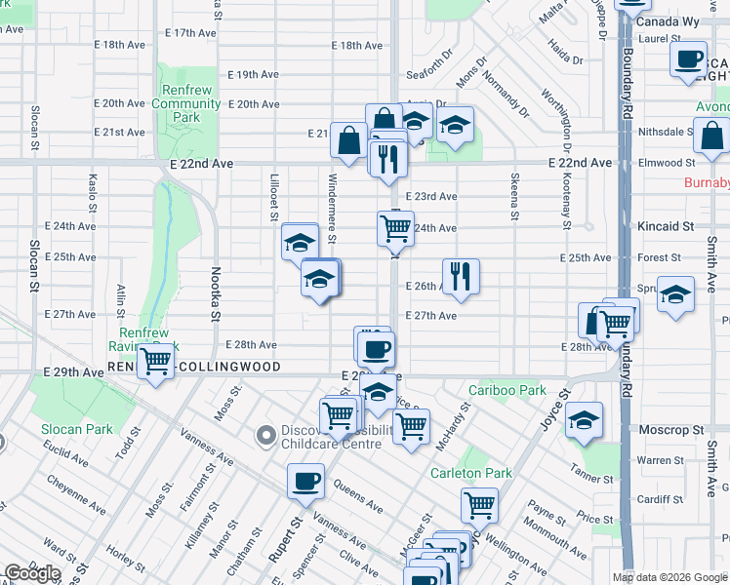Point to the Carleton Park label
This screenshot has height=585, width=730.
[471, 474]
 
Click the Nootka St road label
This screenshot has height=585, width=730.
[216, 292]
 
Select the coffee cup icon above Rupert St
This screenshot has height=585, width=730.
[306, 481]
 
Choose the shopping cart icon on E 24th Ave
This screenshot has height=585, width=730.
[395, 228]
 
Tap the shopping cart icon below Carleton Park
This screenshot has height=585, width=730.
[479, 504]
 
